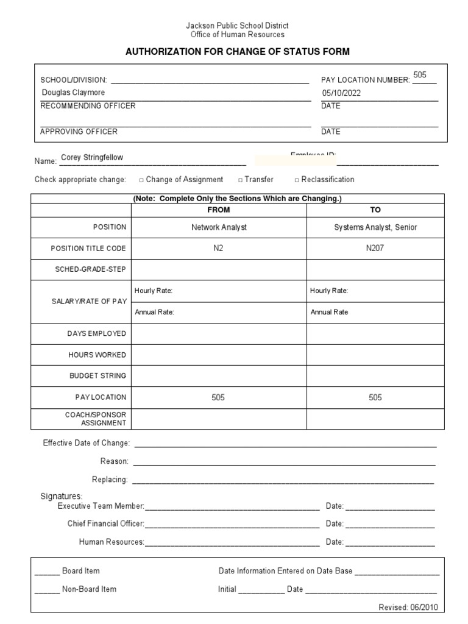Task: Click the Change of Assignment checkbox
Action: [141, 180]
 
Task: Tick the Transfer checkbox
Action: [241, 180]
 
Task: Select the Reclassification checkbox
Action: [297, 180]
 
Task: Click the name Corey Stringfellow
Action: [96, 157]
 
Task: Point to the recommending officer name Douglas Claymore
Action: [73, 93]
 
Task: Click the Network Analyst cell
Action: [219, 227]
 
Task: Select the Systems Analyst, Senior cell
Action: [375, 227]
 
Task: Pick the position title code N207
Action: [375, 249]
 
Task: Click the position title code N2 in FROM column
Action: [219, 249]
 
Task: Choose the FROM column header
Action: [219, 210]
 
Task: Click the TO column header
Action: [375, 210]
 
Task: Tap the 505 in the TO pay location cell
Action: [375, 397]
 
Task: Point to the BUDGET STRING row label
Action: [97, 376]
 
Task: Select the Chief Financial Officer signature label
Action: [105, 523]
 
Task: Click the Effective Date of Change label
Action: [86, 443]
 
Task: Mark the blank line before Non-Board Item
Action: [46, 590]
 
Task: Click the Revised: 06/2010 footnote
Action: [408, 608]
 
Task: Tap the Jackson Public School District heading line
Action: [237, 26]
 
